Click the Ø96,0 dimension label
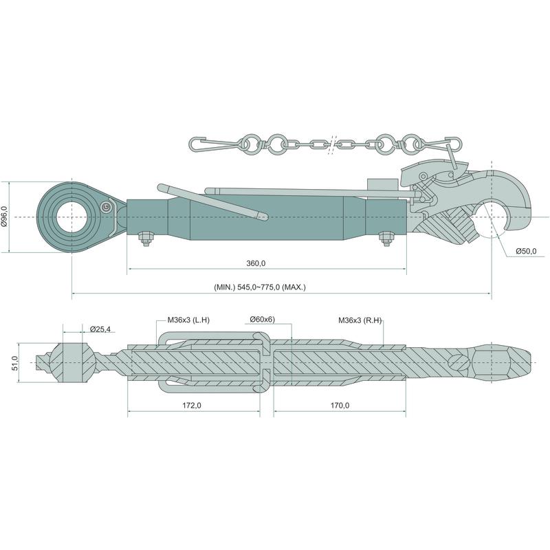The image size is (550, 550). pos(6,217)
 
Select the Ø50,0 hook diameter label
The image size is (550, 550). pos(527,252)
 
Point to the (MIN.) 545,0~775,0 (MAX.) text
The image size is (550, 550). pos(258,287)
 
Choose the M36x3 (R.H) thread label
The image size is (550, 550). pos(360,320)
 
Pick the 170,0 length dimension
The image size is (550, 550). pos(339,406)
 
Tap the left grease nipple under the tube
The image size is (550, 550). pos(145,241)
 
